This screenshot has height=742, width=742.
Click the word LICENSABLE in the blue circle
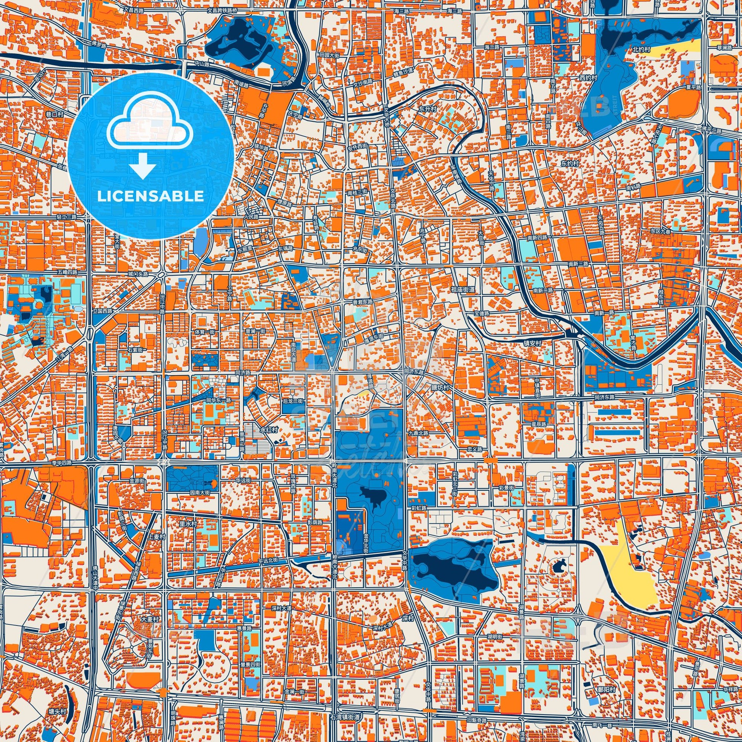tap(151, 196)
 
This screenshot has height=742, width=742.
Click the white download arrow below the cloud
tap(143, 165)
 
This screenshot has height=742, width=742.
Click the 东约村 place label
tap(570, 163)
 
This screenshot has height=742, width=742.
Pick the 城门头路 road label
tap(138, 274)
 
